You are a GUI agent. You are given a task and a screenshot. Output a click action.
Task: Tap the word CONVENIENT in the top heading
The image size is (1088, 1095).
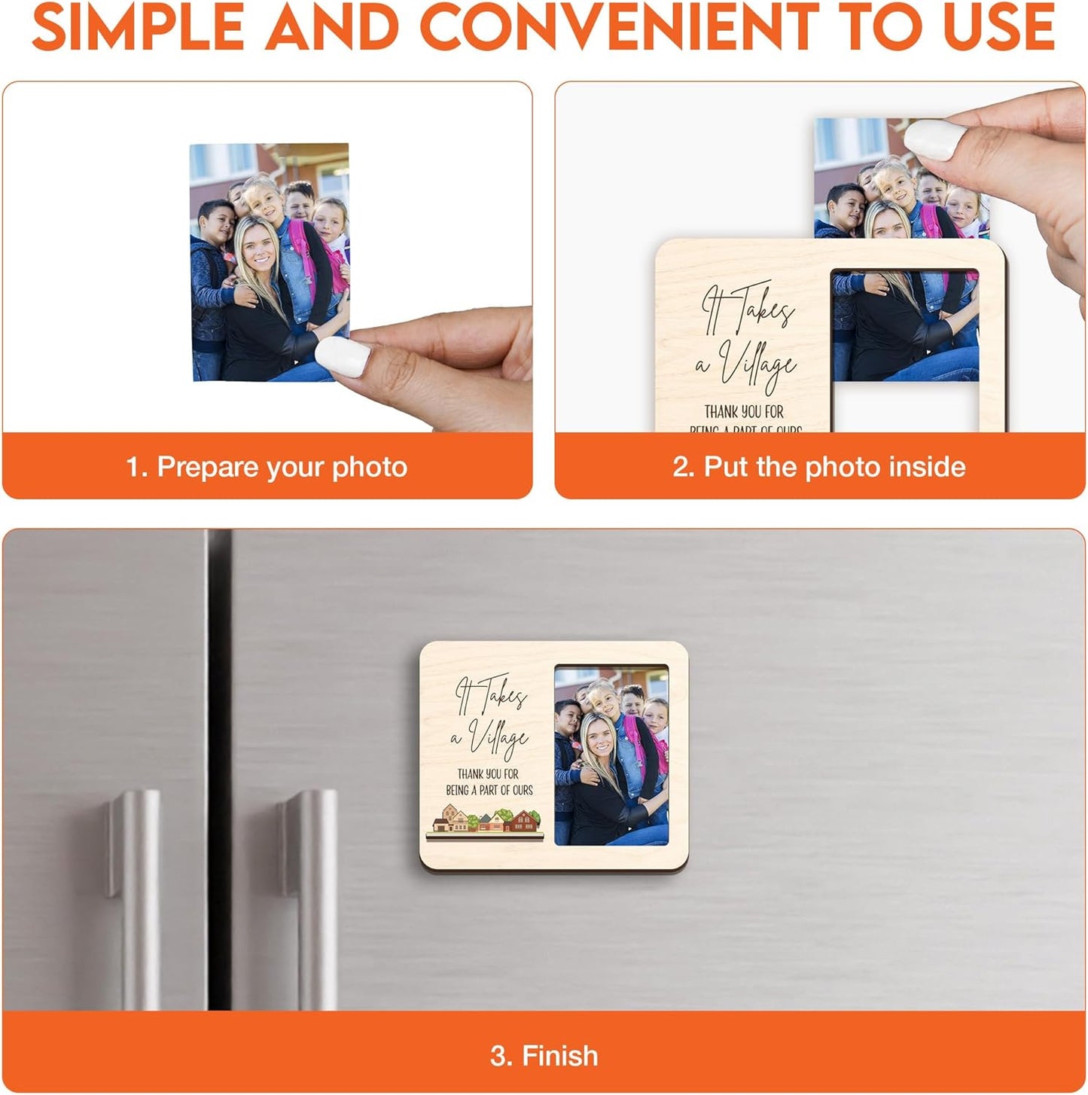[618, 27]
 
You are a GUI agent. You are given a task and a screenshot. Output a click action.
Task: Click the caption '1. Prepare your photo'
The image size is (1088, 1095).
[267, 467]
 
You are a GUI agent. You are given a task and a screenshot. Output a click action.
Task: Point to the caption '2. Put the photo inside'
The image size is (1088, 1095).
[819, 467]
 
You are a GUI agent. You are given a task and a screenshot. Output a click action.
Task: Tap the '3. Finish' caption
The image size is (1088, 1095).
[544, 1056]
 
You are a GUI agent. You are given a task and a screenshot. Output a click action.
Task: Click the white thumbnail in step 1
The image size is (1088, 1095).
[343, 356]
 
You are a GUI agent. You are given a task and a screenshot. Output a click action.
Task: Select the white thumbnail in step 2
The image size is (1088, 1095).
[929, 140]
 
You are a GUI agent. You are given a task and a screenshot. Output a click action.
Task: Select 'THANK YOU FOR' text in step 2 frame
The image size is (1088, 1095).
[744, 411]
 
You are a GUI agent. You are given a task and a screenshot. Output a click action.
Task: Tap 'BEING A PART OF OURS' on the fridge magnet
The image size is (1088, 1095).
[489, 790]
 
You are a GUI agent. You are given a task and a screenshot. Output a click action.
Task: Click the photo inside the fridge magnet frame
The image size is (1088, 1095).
[611, 755]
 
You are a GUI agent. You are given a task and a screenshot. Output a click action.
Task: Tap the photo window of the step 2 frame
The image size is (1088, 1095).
[904, 325]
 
